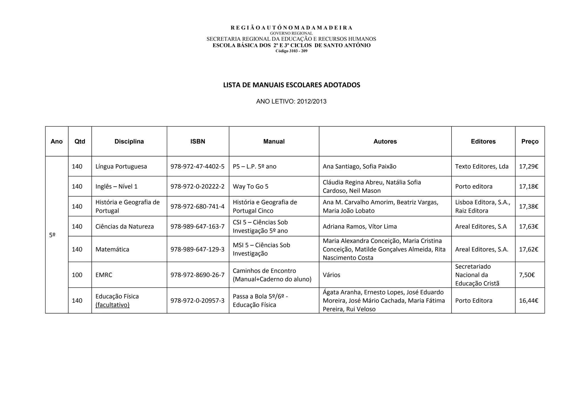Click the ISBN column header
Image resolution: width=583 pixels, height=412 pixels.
pyautogui.click(x=198, y=141)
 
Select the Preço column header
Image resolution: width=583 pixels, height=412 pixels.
pyautogui.click(x=530, y=141)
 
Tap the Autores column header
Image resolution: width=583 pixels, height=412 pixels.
pyautogui.click(x=385, y=141)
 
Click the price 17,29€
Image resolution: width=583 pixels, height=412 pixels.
pyautogui.click(x=528, y=166)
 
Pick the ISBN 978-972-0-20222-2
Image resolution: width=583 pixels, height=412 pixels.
pyautogui.click(x=197, y=186)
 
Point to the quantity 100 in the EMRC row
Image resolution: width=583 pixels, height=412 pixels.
pyautogui.click(x=77, y=275)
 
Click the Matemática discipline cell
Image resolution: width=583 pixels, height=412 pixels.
pyautogui.click(x=112, y=249)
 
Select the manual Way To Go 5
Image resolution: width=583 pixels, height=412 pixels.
pyautogui.click(x=251, y=186)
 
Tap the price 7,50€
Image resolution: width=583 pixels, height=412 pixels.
pyautogui.click(x=527, y=275)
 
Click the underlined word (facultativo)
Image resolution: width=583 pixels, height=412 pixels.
pyautogui.click(x=112, y=305)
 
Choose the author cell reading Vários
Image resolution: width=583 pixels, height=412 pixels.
pyautogui.click(x=331, y=275)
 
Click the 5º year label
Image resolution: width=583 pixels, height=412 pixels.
pyautogui.click(x=52, y=235)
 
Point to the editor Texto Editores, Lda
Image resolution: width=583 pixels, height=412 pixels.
pyautogui.click(x=482, y=166)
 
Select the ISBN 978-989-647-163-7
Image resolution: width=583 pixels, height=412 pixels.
pyautogui.click(x=197, y=226)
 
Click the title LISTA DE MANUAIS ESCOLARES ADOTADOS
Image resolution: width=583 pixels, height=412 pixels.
pyautogui.click(x=291, y=85)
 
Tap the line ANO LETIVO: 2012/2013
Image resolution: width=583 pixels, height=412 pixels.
pyautogui.click(x=291, y=102)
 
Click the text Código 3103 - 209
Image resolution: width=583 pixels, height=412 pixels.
pyautogui.click(x=291, y=51)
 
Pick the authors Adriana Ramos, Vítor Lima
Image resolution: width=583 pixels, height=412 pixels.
pyautogui.click(x=360, y=226)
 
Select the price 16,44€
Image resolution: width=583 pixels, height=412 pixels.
pyautogui.click(x=528, y=300)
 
